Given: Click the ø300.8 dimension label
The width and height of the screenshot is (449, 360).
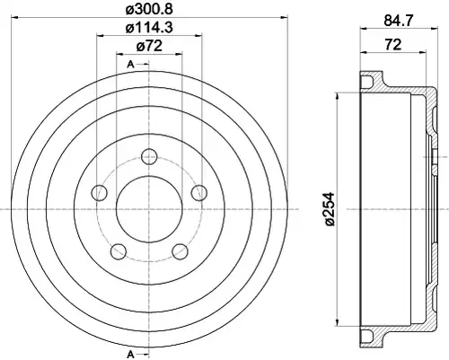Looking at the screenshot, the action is pyautogui.click(x=149, y=9).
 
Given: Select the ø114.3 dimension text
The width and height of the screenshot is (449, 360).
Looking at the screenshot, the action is pyautogui.click(x=149, y=28).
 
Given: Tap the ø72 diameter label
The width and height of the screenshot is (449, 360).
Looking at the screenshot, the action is pyautogui.click(x=149, y=46).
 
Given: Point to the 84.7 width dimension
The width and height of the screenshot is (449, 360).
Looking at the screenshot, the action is pyautogui.click(x=398, y=21).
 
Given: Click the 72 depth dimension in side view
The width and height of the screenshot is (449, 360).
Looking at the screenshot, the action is pyautogui.click(x=392, y=45).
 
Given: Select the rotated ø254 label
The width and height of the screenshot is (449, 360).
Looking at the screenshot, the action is pyautogui.click(x=330, y=209).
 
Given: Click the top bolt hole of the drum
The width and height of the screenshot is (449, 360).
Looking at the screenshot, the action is pyautogui.click(x=149, y=156).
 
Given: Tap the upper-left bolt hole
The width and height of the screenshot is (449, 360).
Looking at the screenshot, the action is pyautogui.click(x=100, y=193).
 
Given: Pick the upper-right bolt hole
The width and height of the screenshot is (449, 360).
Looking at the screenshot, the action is pyautogui.click(x=199, y=193).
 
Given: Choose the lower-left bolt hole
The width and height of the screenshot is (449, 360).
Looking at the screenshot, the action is pyautogui.click(x=119, y=251).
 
